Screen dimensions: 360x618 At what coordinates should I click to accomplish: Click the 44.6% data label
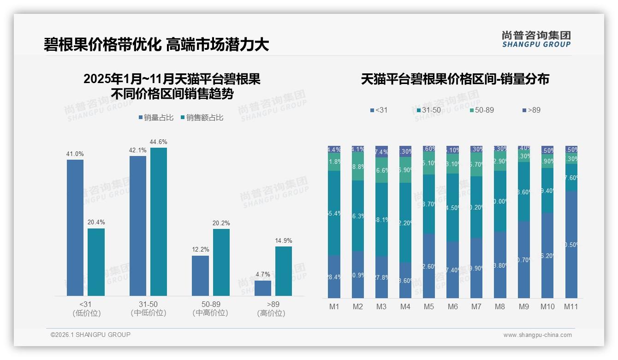tap(159, 142)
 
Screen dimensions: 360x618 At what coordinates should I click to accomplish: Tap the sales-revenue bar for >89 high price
tap(284, 271)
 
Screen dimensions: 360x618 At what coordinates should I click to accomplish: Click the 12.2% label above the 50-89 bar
tap(201, 250)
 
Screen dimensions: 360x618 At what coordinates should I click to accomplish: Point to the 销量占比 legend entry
tap(156, 118)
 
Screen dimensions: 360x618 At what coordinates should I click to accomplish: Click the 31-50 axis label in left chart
tap(148, 304)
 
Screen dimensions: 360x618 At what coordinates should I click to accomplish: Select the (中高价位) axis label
tap(211, 313)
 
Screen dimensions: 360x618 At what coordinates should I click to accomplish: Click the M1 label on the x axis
tap(334, 306)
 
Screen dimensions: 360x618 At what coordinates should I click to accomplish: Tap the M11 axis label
tap(571, 306)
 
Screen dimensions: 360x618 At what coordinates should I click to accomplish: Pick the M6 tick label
tap(452, 306)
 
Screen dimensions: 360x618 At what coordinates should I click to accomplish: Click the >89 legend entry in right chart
tap(531, 110)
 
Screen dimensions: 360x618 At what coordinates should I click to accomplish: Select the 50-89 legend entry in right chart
tap(482, 110)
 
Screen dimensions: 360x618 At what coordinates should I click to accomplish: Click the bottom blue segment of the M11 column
tap(571, 245)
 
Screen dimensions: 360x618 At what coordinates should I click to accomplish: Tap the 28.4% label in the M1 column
tap(334, 276)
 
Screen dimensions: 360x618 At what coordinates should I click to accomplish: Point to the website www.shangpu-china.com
tap(537, 335)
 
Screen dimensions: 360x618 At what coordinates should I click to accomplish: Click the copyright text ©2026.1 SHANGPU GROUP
tap(90, 335)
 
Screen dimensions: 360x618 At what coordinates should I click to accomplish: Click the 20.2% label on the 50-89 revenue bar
tap(221, 223)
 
